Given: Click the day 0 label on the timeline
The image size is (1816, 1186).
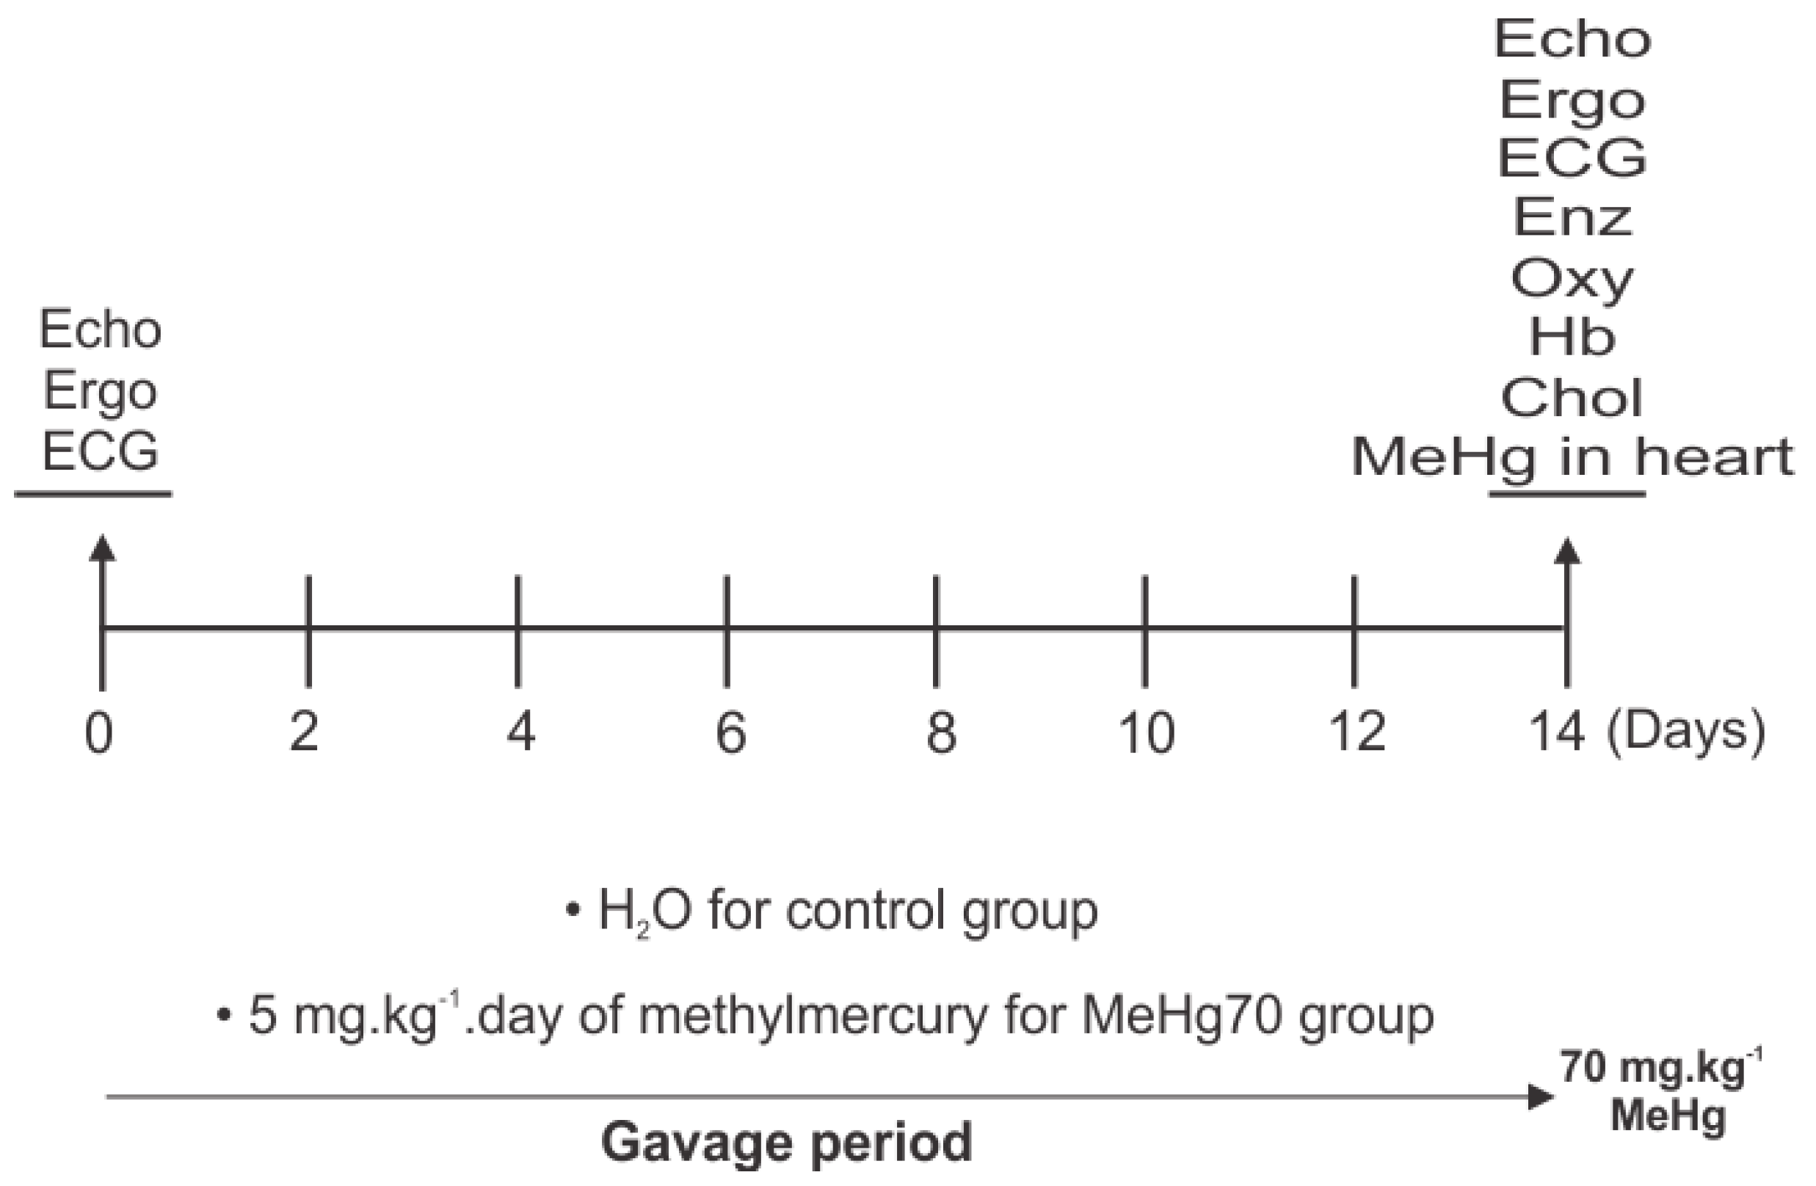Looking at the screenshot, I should tap(99, 734).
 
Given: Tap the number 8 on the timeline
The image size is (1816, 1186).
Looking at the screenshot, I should tap(940, 734).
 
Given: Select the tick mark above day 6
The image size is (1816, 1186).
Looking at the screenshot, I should tap(727, 630).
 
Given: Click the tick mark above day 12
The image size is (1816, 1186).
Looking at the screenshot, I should tap(1354, 630).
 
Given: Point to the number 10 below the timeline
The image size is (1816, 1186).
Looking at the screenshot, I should tap(1146, 734).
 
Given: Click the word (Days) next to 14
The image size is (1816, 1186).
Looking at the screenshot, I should tap(1685, 732).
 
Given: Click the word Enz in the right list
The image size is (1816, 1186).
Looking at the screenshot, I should tap(1572, 217).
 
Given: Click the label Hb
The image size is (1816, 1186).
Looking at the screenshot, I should tap(1572, 337).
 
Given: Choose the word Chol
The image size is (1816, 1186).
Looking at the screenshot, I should tap(1572, 397).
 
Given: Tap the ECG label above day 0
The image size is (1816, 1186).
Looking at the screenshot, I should tap(100, 451).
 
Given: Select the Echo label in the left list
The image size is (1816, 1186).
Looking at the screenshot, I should tap(100, 330).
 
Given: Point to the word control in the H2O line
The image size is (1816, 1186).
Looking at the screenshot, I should tap(867, 910).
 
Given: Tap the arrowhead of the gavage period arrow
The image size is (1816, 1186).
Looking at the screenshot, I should tap(1541, 1096).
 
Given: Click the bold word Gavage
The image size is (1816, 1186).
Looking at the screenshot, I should tap(695, 1142).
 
